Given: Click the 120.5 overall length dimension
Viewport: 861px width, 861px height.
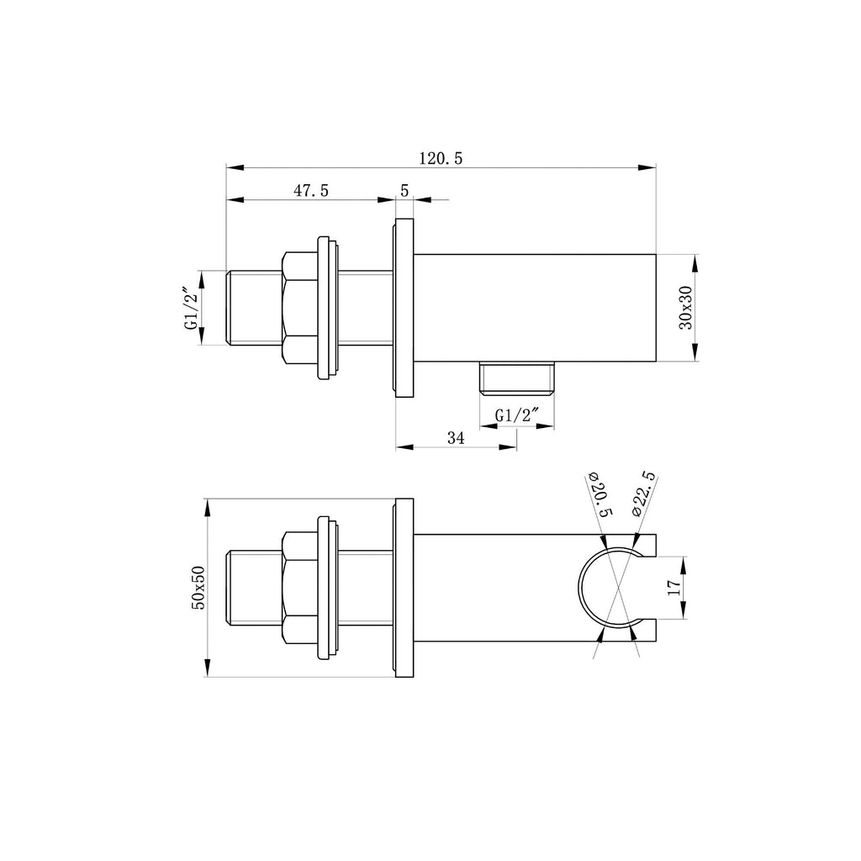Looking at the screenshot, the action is coord(441,158).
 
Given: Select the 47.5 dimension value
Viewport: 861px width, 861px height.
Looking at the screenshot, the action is coord(311,191).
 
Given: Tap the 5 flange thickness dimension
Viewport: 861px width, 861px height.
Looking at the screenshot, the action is coord(404,191).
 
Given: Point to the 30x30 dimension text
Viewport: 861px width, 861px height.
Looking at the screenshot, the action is coord(686,308).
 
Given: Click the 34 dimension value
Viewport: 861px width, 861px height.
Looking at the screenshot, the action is coord(456,437).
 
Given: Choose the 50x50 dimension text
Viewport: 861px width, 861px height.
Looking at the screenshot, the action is coord(198,588).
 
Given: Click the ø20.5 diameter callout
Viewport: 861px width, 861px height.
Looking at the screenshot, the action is coord(600,494).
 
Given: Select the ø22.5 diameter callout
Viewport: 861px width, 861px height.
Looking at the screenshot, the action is coord(643,493).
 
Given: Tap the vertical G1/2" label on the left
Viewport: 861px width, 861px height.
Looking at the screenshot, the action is coord(191,308).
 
